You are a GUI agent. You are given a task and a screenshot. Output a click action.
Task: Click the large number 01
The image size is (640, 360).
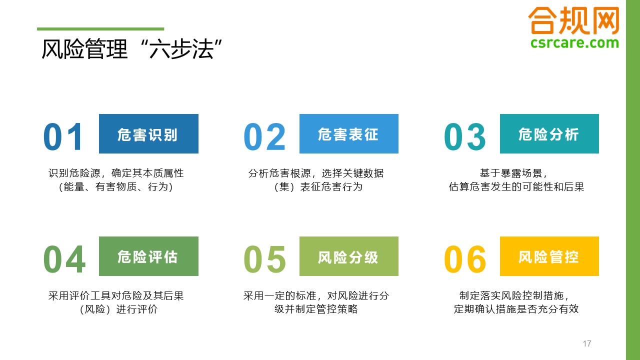pos(63,136)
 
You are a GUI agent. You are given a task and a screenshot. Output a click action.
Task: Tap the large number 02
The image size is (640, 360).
pos(264,136)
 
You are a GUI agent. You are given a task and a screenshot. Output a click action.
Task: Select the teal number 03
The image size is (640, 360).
pos(465,136)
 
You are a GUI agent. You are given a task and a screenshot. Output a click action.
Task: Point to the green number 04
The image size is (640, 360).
pos(64,259)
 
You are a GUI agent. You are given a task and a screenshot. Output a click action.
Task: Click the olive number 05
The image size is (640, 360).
pos(264,259)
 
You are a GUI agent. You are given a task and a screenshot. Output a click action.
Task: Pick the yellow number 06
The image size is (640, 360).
pos(465,259)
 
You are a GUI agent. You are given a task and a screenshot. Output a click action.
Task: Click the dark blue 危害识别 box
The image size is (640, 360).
pos(148,133)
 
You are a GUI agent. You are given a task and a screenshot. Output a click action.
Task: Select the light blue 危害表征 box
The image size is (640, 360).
pos(349,133)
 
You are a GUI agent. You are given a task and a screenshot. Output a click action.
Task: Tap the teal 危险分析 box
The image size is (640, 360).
pos(549,133)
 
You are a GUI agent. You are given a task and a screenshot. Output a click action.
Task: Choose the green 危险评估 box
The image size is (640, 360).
pos(148,256)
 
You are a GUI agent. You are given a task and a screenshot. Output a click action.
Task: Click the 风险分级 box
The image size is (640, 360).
pos(349,256)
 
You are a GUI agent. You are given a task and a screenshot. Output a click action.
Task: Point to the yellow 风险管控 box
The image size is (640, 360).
pos(549,256)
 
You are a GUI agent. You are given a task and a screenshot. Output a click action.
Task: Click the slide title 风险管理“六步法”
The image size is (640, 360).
pos(131,49)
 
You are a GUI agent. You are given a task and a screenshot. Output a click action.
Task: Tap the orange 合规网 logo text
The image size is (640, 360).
pos(573,20)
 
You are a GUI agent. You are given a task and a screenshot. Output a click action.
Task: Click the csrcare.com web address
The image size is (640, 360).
pos(574,43)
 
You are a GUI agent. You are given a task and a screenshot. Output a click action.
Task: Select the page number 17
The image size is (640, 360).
pos(587,343)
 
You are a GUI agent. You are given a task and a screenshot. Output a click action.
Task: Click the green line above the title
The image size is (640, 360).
pos(100,29)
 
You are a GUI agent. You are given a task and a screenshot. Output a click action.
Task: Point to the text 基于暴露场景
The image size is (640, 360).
pos(510,173)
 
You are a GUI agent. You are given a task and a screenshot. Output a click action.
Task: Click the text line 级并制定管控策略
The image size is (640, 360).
pos(316,309)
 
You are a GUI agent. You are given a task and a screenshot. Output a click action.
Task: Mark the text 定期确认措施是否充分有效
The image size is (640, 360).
pos(516,309)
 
